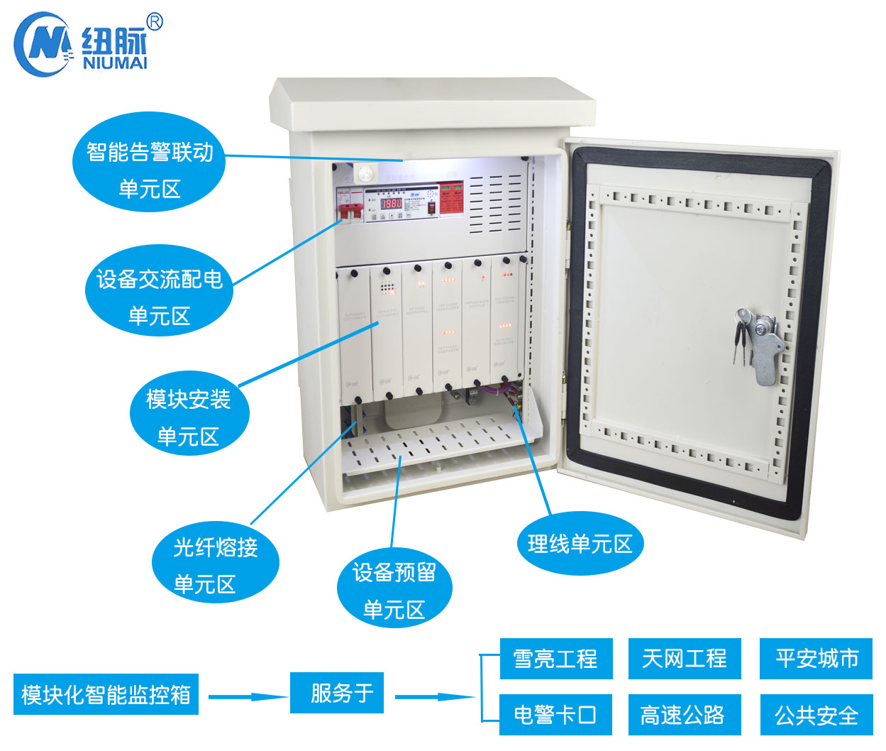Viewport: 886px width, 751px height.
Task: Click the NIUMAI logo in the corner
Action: (x=82, y=44)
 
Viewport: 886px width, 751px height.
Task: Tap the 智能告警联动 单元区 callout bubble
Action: (x=150, y=169)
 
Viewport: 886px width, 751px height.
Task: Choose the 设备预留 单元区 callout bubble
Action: (x=394, y=589)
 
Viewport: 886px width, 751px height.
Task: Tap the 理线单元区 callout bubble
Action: (x=580, y=544)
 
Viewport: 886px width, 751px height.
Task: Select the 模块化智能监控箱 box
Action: (x=106, y=694)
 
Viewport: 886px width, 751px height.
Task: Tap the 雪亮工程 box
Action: (x=555, y=659)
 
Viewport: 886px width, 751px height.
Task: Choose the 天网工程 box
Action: (x=685, y=659)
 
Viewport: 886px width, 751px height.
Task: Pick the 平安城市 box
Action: (x=816, y=659)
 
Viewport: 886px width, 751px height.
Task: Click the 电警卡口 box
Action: (x=555, y=714)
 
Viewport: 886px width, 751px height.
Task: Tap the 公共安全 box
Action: (x=816, y=714)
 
